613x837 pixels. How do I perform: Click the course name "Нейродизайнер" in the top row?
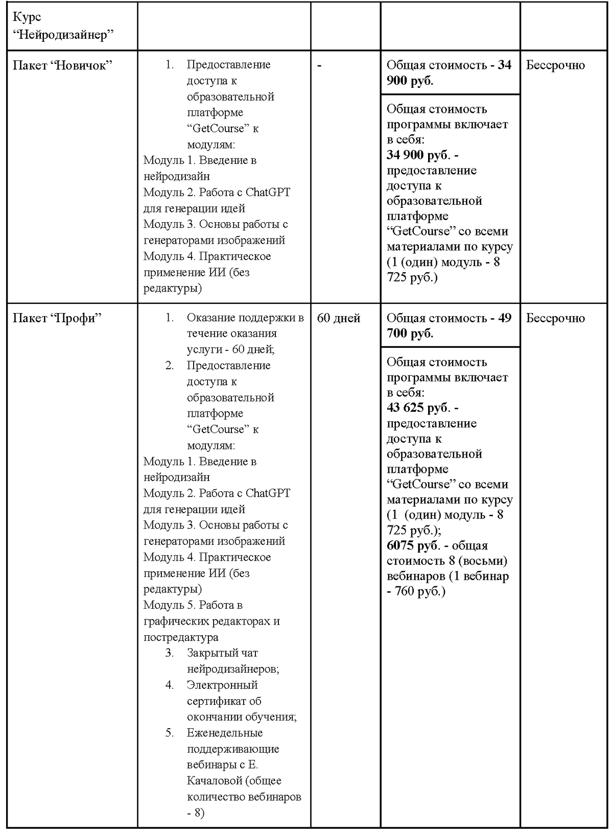pyautogui.click(x=63, y=34)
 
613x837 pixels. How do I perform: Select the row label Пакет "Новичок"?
pyautogui.click(x=62, y=65)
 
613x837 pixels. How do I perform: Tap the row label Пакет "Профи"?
pyautogui.click(x=57, y=318)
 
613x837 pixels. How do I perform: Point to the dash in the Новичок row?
pyautogui.click(x=319, y=65)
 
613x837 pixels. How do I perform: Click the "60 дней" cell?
pyautogui.click(x=339, y=318)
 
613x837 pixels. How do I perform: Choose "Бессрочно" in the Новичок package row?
pyautogui.click(x=555, y=65)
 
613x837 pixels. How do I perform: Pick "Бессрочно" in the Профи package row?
pyautogui.click(x=555, y=318)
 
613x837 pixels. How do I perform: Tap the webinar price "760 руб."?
pyautogui.click(x=420, y=591)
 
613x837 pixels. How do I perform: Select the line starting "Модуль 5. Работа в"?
pyautogui.click(x=193, y=605)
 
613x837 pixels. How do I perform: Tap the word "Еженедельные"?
pyautogui.click(x=225, y=733)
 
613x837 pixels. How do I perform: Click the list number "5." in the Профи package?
pyautogui.click(x=170, y=733)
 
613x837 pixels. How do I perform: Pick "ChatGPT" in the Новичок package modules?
pyautogui.click(x=268, y=193)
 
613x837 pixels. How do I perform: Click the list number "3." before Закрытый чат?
pyautogui.click(x=170, y=653)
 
